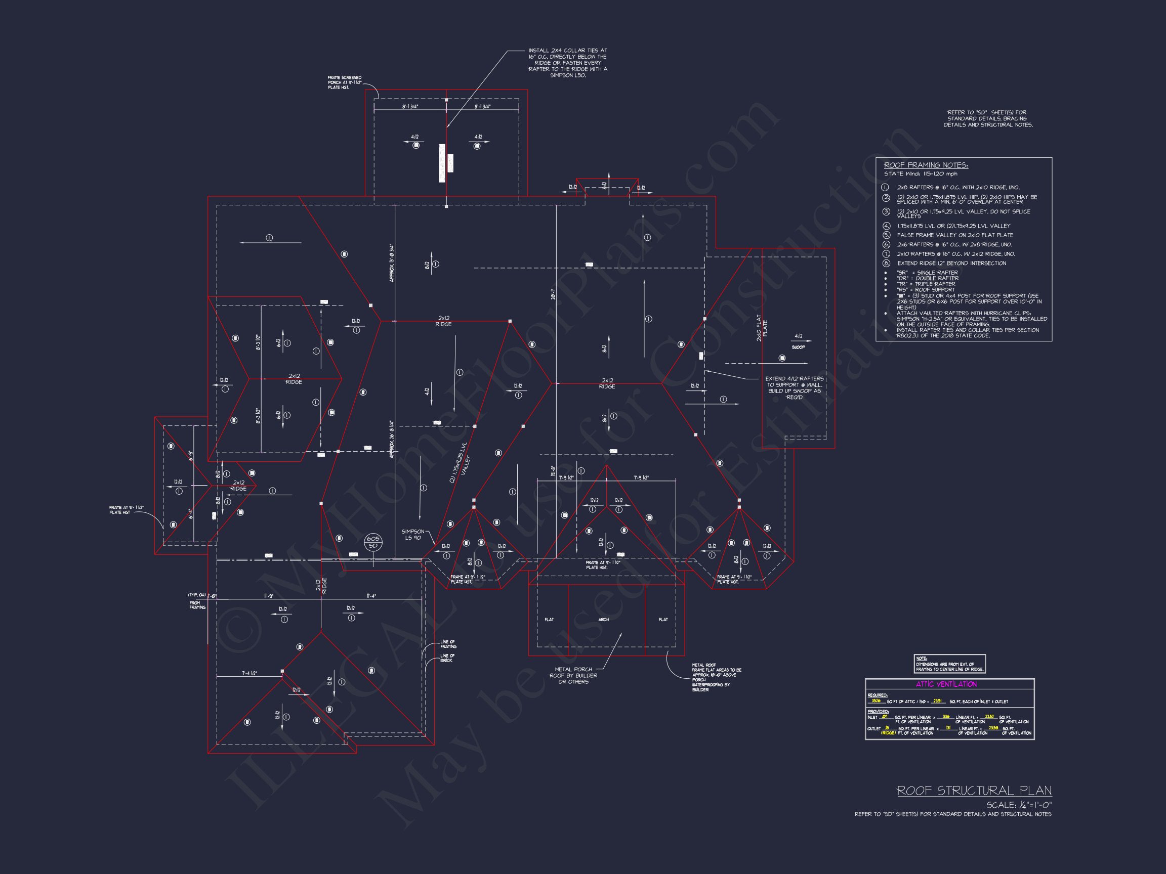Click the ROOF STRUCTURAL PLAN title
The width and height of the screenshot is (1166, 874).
point(974,791)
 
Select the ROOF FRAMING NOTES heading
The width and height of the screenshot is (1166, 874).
point(926,165)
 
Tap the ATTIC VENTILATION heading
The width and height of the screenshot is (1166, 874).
point(950,684)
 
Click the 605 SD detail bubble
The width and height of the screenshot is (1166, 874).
point(372,542)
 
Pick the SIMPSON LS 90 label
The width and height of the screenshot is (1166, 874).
point(413,534)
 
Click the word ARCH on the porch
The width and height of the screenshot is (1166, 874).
point(604,620)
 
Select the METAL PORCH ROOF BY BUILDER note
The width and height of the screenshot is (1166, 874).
point(573,675)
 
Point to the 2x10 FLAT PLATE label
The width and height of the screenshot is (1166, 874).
point(762,328)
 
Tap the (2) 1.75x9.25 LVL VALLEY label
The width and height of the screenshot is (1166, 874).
point(459,463)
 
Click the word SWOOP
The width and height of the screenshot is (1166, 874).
point(798,347)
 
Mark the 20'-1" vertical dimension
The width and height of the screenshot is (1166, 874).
point(553,294)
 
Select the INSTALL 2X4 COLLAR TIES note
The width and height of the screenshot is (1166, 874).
point(568,63)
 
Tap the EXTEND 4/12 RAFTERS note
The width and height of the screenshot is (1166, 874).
point(795,388)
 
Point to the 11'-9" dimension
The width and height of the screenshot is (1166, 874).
point(268,596)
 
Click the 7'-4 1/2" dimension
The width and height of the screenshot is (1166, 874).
point(249,673)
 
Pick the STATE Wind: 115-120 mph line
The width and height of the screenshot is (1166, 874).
point(921,174)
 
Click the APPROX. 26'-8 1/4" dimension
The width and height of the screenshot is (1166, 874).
point(392,439)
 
